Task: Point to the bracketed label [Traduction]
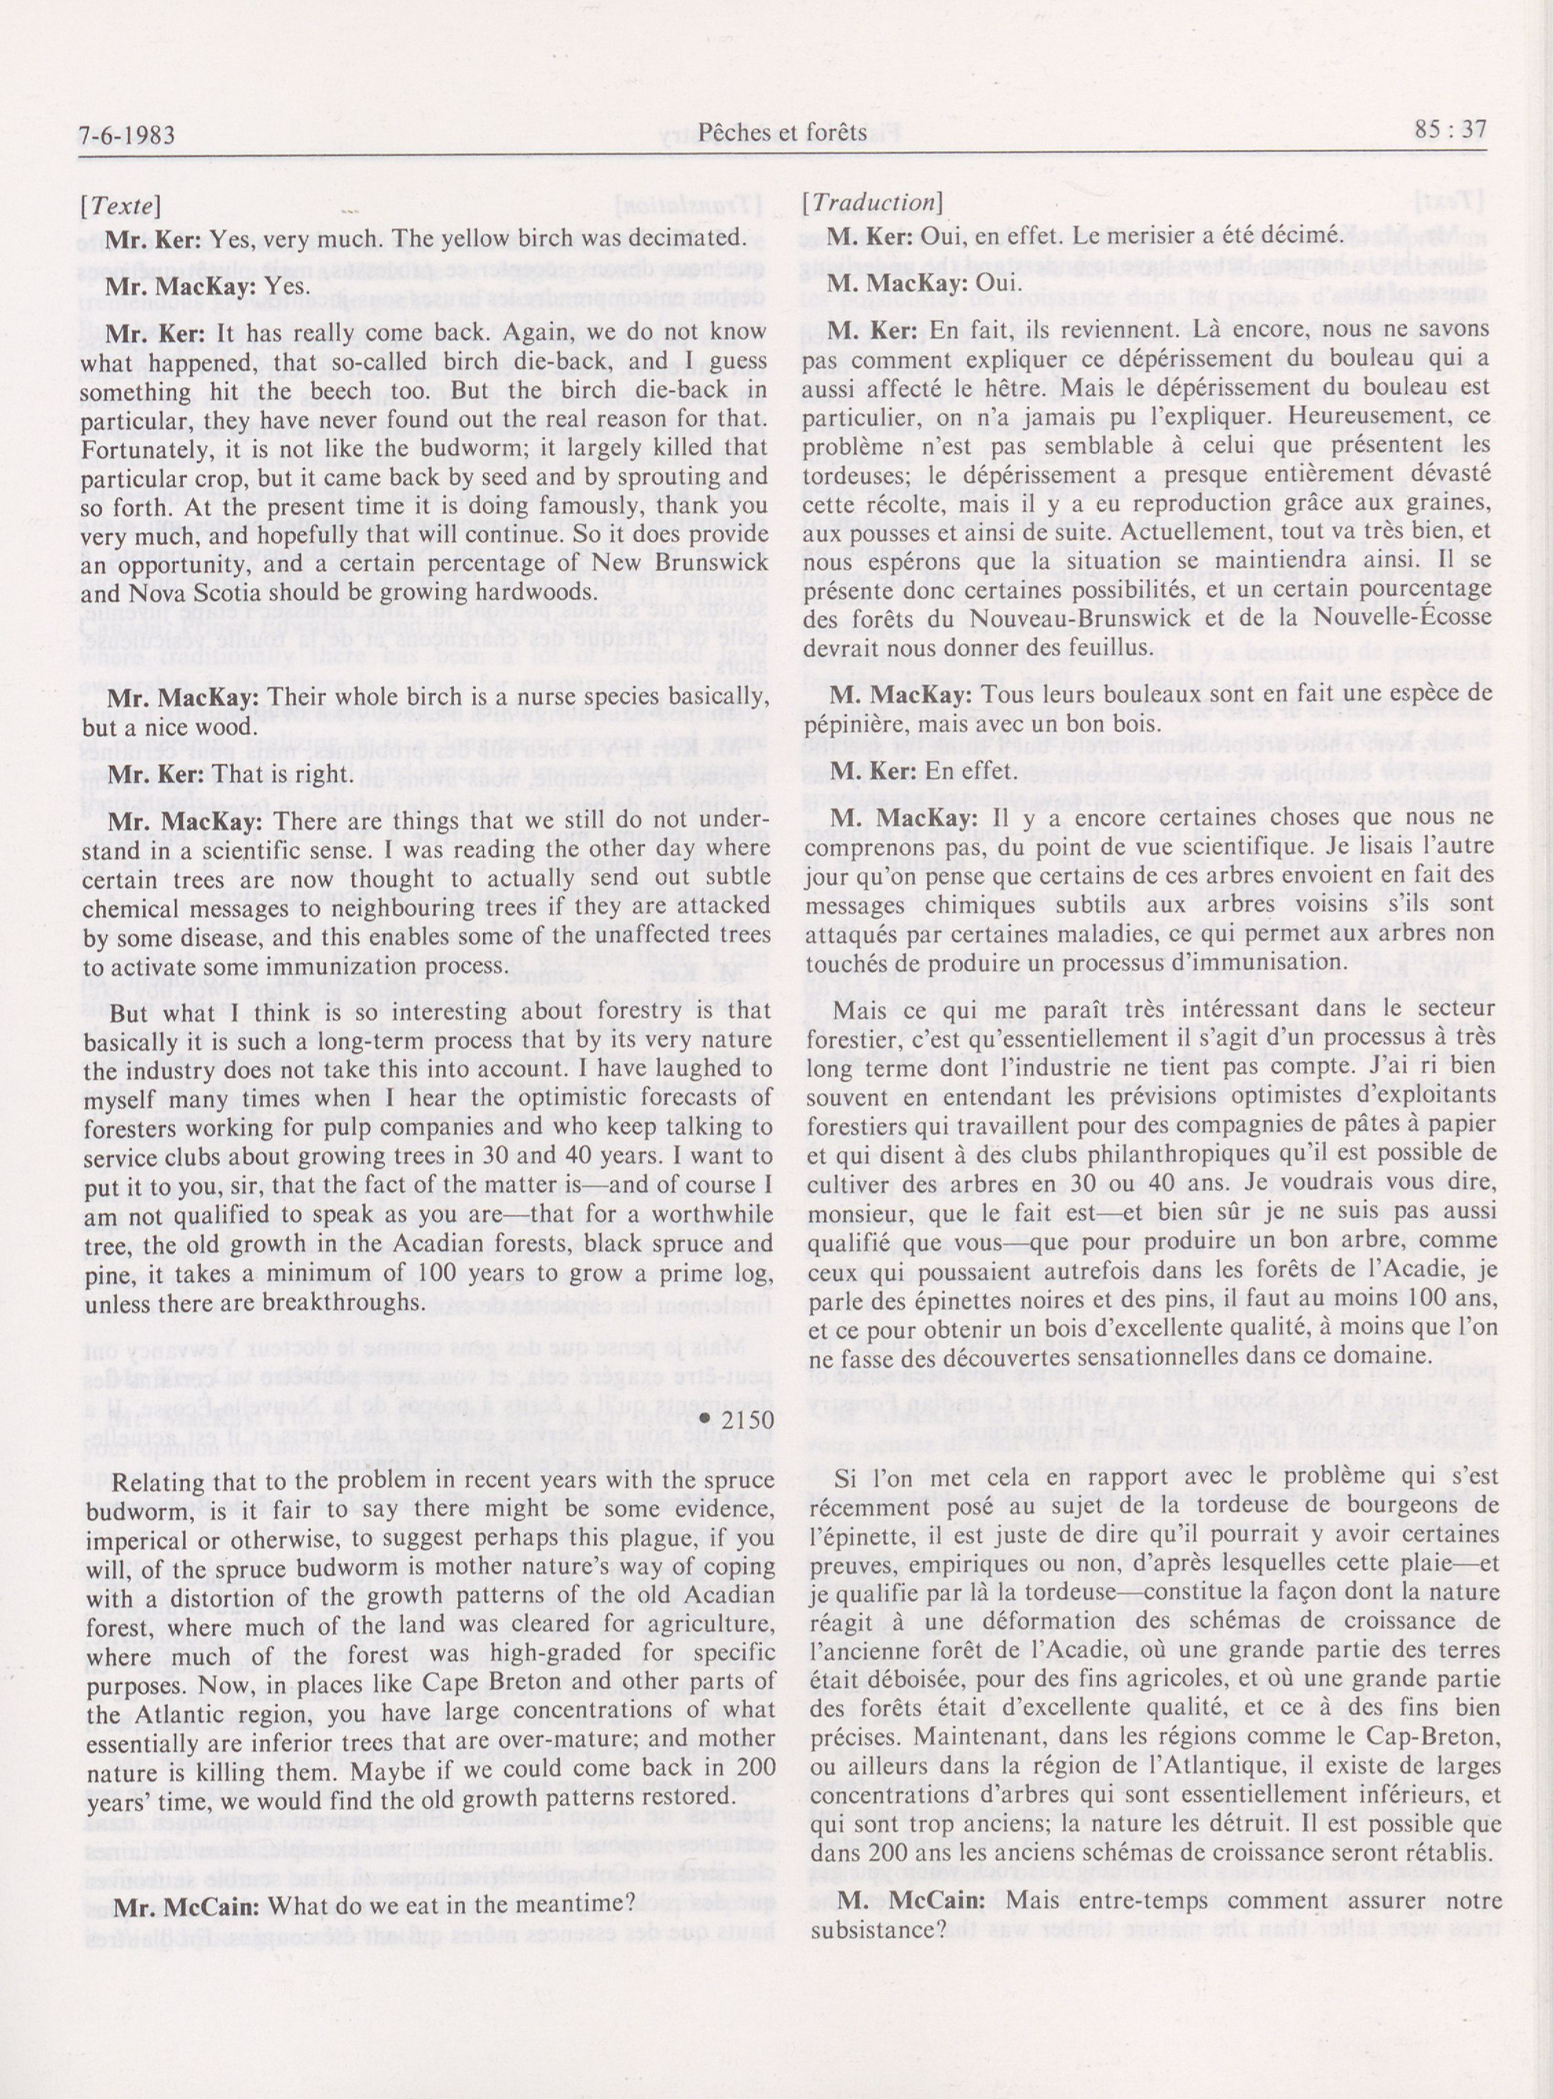point(871,202)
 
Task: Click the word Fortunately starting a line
point(151,445)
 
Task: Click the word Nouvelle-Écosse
point(1404,618)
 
